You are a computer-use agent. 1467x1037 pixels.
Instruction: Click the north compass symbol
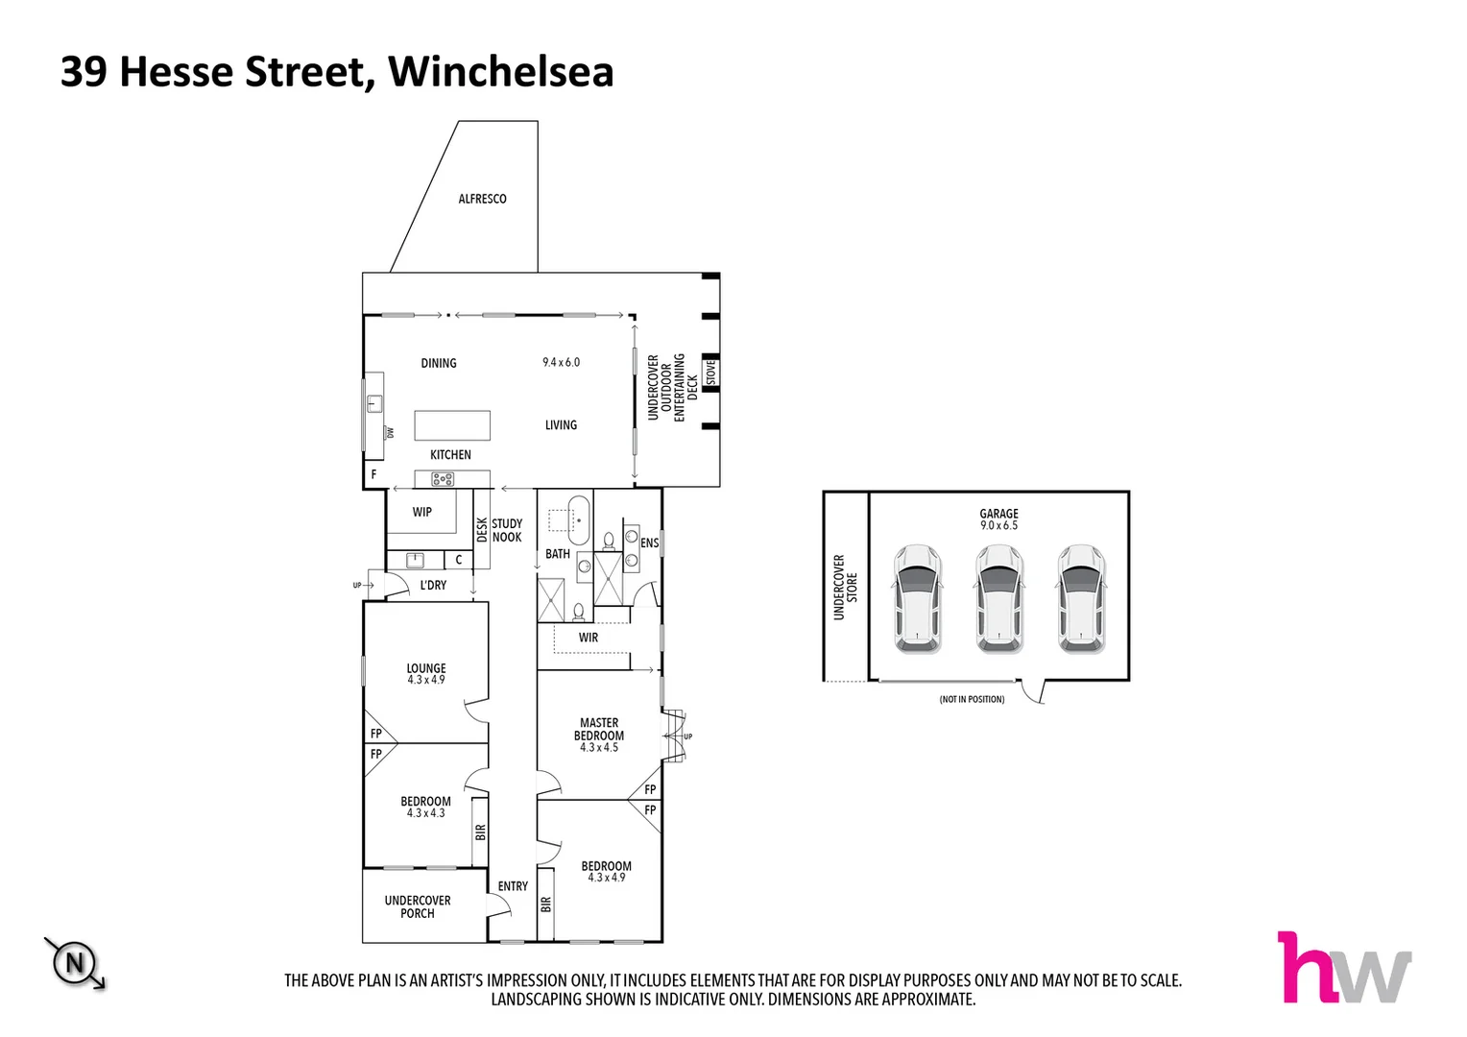[x=74, y=961]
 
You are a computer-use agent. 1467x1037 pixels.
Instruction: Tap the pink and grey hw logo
[x=1343, y=968]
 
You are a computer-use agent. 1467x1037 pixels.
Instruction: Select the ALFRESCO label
[x=482, y=199]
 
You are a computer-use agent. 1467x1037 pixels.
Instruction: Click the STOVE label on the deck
[x=711, y=372]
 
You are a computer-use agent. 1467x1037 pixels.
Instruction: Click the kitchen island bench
[x=452, y=425]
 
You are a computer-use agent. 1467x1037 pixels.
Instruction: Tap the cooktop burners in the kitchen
[x=443, y=478]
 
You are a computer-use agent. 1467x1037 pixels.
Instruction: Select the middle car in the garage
[x=998, y=599]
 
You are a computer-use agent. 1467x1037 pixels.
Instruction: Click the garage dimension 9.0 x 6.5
[x=998, y=526]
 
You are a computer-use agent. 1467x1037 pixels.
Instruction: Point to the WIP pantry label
[x=422, y=512]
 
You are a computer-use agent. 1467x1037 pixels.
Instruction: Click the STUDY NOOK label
[x=507, y=531]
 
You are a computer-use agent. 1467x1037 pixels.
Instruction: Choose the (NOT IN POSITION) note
[x=972, y=700]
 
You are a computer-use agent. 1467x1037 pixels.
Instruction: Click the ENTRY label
[x=513, y=886]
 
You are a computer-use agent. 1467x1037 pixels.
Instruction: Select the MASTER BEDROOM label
[x=599, y=729]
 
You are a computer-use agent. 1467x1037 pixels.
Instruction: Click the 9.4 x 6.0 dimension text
[x=561, y=362]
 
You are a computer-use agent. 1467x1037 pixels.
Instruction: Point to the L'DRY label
[x=433, y=585]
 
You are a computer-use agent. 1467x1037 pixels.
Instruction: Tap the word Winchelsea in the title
[x=500, y=72]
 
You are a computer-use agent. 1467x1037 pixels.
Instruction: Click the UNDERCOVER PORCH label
[x=418, y=906]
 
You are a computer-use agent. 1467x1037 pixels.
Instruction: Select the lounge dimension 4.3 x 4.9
[x=425, y=680]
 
